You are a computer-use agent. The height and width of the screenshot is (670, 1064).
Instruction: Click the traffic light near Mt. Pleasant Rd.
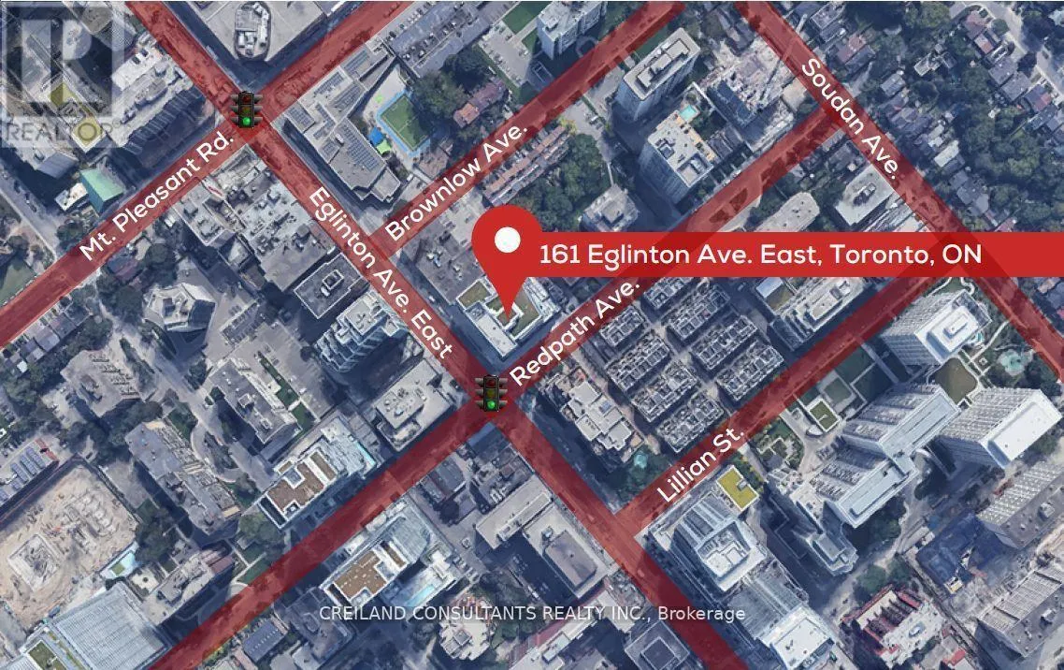tap(247, 109)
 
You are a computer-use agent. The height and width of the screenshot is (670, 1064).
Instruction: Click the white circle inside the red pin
tap(508, 241)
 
